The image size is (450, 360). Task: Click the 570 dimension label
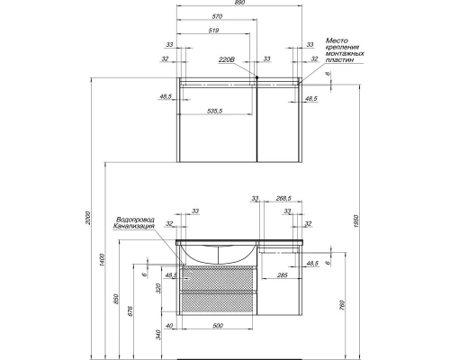pos(217,16)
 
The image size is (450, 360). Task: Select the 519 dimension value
pos(213,31)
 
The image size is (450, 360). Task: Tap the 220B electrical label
pos(226,60)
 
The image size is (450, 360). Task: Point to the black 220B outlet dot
pos(256,77)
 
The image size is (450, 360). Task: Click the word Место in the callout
pos(337,40)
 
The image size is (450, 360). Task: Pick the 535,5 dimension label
pos(215,111)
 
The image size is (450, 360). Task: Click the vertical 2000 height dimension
pos(88,219)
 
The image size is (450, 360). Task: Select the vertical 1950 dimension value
pos(356,221)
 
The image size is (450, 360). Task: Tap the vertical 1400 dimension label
pos(102,260)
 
